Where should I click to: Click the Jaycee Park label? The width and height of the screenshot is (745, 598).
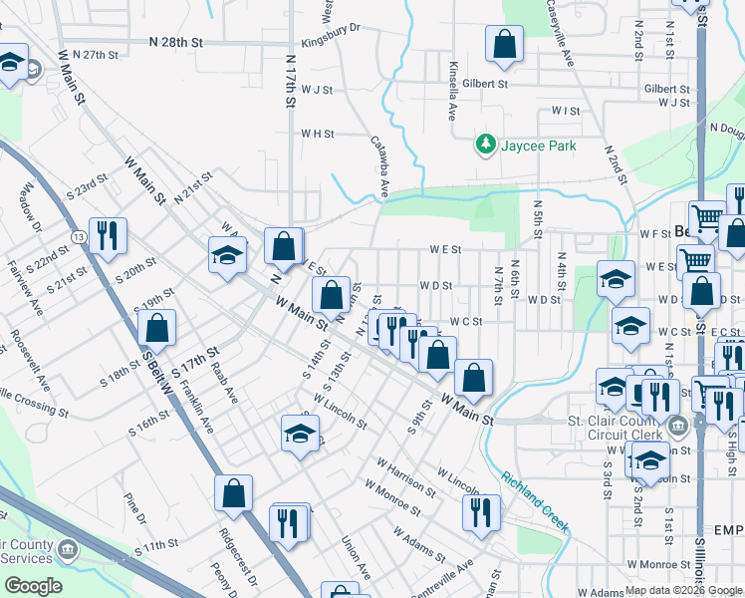[538, 146]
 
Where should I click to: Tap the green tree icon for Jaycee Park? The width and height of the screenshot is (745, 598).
[486, 146]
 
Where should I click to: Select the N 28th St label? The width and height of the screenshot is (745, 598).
[175, 43]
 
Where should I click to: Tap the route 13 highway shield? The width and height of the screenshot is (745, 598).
[78, 236]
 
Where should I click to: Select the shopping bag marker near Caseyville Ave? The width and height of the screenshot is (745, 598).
[504, 45]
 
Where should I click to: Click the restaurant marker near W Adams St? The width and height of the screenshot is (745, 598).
[481, 513]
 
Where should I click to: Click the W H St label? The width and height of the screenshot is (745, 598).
[319, 133]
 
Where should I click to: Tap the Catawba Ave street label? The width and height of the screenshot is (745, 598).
[379, 165]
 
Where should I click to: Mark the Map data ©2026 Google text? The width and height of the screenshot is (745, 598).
[682, 590]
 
